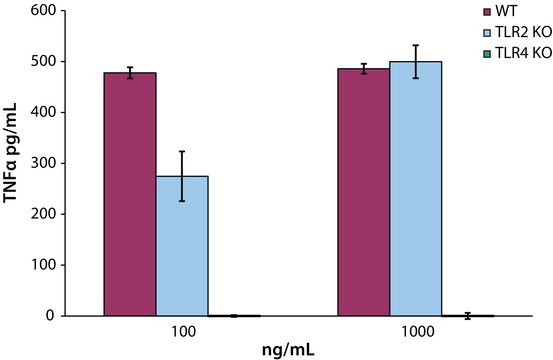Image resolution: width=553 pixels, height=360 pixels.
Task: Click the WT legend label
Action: point(507,11)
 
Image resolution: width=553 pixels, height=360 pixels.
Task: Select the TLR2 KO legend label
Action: point(519,31)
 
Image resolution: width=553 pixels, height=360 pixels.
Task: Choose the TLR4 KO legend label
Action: point(519,51)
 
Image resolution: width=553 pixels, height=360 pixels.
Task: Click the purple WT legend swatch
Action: point(487,11)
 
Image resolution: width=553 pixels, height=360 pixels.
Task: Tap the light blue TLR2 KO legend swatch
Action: point(487,31)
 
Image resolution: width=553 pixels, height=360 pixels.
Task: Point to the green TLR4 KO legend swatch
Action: point(487,51)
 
